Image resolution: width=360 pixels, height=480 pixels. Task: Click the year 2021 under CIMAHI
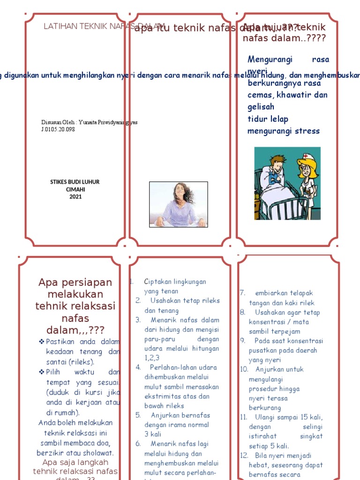coord(75,197)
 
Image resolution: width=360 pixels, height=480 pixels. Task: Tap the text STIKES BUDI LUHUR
coord(75,182)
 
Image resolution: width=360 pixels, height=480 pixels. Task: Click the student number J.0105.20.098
coord(58,129)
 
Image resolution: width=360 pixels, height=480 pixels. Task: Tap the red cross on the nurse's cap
coord(306,156)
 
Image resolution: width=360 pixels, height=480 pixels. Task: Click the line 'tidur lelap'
coord(268,119)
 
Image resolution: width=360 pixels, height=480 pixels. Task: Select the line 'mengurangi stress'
coord(283,131)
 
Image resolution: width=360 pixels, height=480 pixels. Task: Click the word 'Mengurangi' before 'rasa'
coord(270,60)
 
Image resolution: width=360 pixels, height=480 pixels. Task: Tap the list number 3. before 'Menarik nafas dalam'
coord(138,320)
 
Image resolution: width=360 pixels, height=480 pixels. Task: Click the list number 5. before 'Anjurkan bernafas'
coord(138,415)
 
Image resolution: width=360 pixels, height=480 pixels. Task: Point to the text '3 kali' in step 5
coord(152,434)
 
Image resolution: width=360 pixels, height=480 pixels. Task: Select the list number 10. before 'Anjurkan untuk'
coord(244,369)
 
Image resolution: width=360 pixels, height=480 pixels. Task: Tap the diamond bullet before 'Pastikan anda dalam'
coord(41,342)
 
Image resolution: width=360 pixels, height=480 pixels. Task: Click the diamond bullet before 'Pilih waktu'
coord(41,372)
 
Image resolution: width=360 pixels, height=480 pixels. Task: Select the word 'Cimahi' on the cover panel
coord(75,189)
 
